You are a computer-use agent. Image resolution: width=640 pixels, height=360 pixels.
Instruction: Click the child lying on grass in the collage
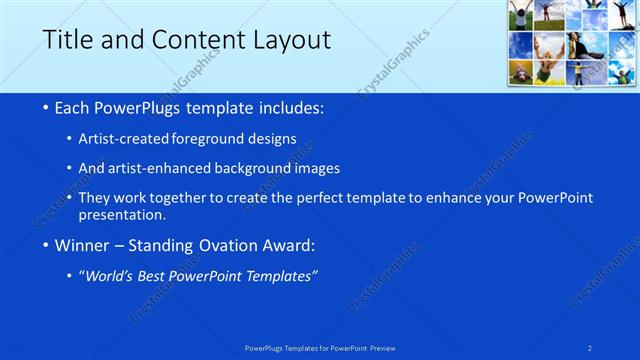[522, 72]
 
